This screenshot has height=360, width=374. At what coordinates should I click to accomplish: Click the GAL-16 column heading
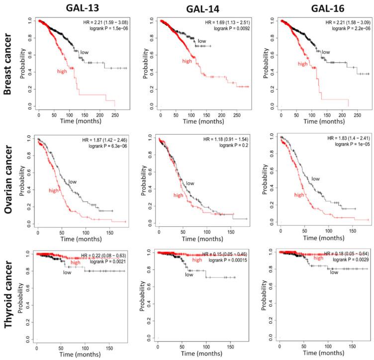coord(323,8)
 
